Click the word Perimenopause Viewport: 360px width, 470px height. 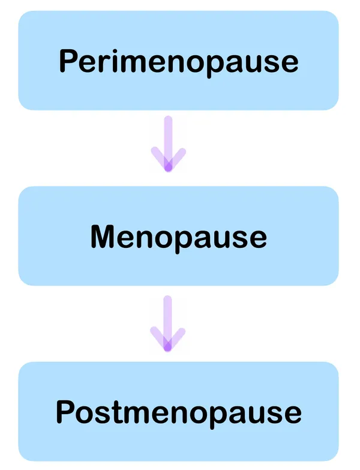tap(179, 61)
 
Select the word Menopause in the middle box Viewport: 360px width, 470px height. tap(178, 237)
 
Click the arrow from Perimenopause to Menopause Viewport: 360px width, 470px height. tap(168, 144)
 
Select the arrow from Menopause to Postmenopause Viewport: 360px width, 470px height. tap(168, 323)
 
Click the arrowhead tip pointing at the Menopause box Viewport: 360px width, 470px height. tap(168, 169)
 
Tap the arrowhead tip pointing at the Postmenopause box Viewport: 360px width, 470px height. tap(168, 347)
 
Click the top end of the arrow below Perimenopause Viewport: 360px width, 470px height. tap(168, 119)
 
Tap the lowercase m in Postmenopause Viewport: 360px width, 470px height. tap(139, 414)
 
